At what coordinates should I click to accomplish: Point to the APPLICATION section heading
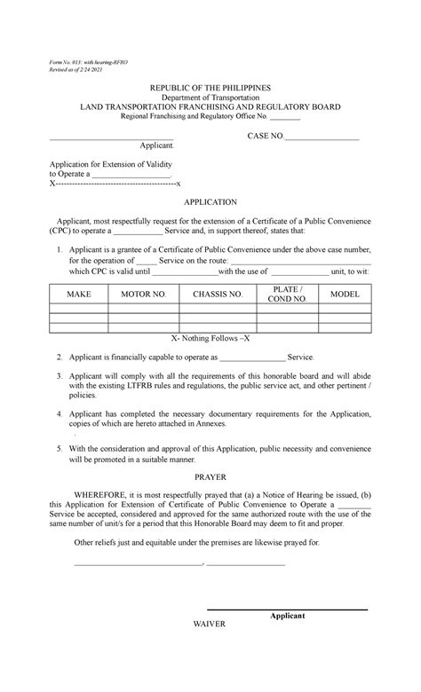click(x=210, y=202)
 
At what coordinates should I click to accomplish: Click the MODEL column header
click(x=345, y=295)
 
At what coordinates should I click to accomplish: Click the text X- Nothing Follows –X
click(x=210, y=339)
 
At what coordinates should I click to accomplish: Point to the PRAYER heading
click(x=210, y=476)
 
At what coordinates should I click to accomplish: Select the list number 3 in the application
click(x=59, y=376)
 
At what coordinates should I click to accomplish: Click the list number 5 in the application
click(x=59, y=448)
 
